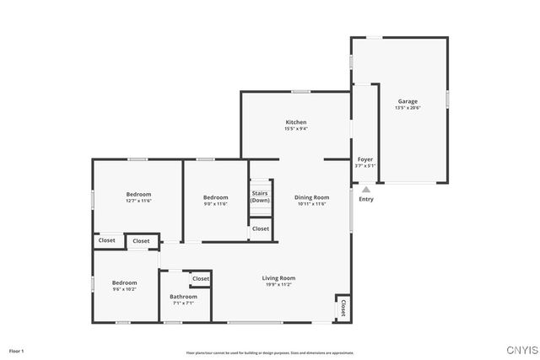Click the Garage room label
point(407,101)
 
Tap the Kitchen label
point(295,122)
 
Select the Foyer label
point(365,159)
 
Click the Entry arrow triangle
point(365,191)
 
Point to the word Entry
point(365,199)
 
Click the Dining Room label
point(312,197)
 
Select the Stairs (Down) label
point(260,196)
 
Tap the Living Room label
point(278,278)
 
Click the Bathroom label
point(183,296)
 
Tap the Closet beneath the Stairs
point(261,228)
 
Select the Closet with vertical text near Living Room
point(343,308)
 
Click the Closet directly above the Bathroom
point(201,278)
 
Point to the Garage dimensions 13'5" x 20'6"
point(407,108)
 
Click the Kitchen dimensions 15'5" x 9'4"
point(295,129)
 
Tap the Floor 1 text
point(17,350)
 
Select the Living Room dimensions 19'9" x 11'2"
point(278,285)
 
